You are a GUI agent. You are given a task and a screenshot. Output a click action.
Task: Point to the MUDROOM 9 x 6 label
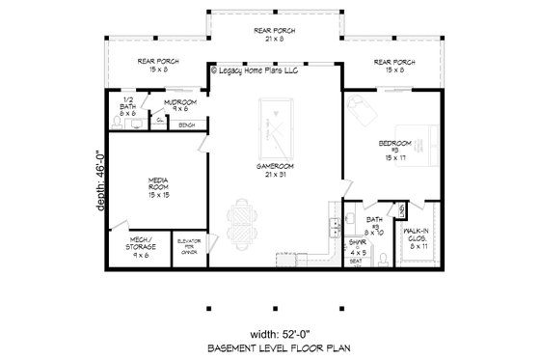[179, 104]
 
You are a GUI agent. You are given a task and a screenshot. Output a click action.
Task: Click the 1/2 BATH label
[129, 106]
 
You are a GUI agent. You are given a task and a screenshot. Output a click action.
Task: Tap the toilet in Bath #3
[383, 256]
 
